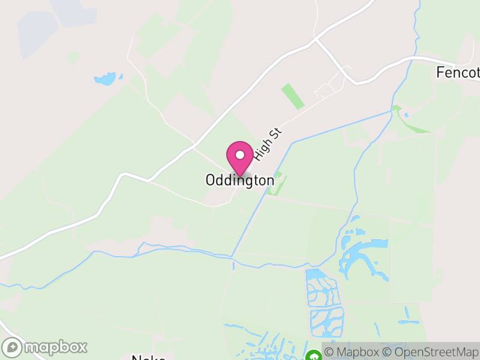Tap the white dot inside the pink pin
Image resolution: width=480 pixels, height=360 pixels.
(240, 155)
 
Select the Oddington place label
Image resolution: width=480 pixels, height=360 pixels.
(240, 180)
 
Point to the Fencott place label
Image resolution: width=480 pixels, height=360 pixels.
(458, 73)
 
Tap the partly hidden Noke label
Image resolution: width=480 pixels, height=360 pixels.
(148, 357)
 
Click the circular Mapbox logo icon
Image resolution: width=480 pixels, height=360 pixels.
(13, 347)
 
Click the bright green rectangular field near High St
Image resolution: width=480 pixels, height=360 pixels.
(293, 96)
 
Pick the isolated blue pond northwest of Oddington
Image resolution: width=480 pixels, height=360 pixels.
(106, 79)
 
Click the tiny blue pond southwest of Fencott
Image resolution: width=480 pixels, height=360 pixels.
(406, 115)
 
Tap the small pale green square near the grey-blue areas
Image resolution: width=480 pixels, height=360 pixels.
(73, 58)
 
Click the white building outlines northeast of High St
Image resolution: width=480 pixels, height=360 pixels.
(326, 90)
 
